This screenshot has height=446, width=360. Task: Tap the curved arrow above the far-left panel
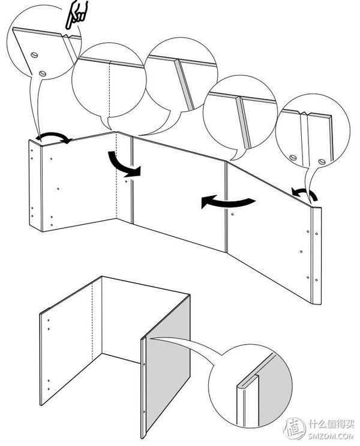pyautogui.click(x=54, y=138)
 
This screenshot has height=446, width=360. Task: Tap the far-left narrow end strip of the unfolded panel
pyautogui.click(x=35, y=185)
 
